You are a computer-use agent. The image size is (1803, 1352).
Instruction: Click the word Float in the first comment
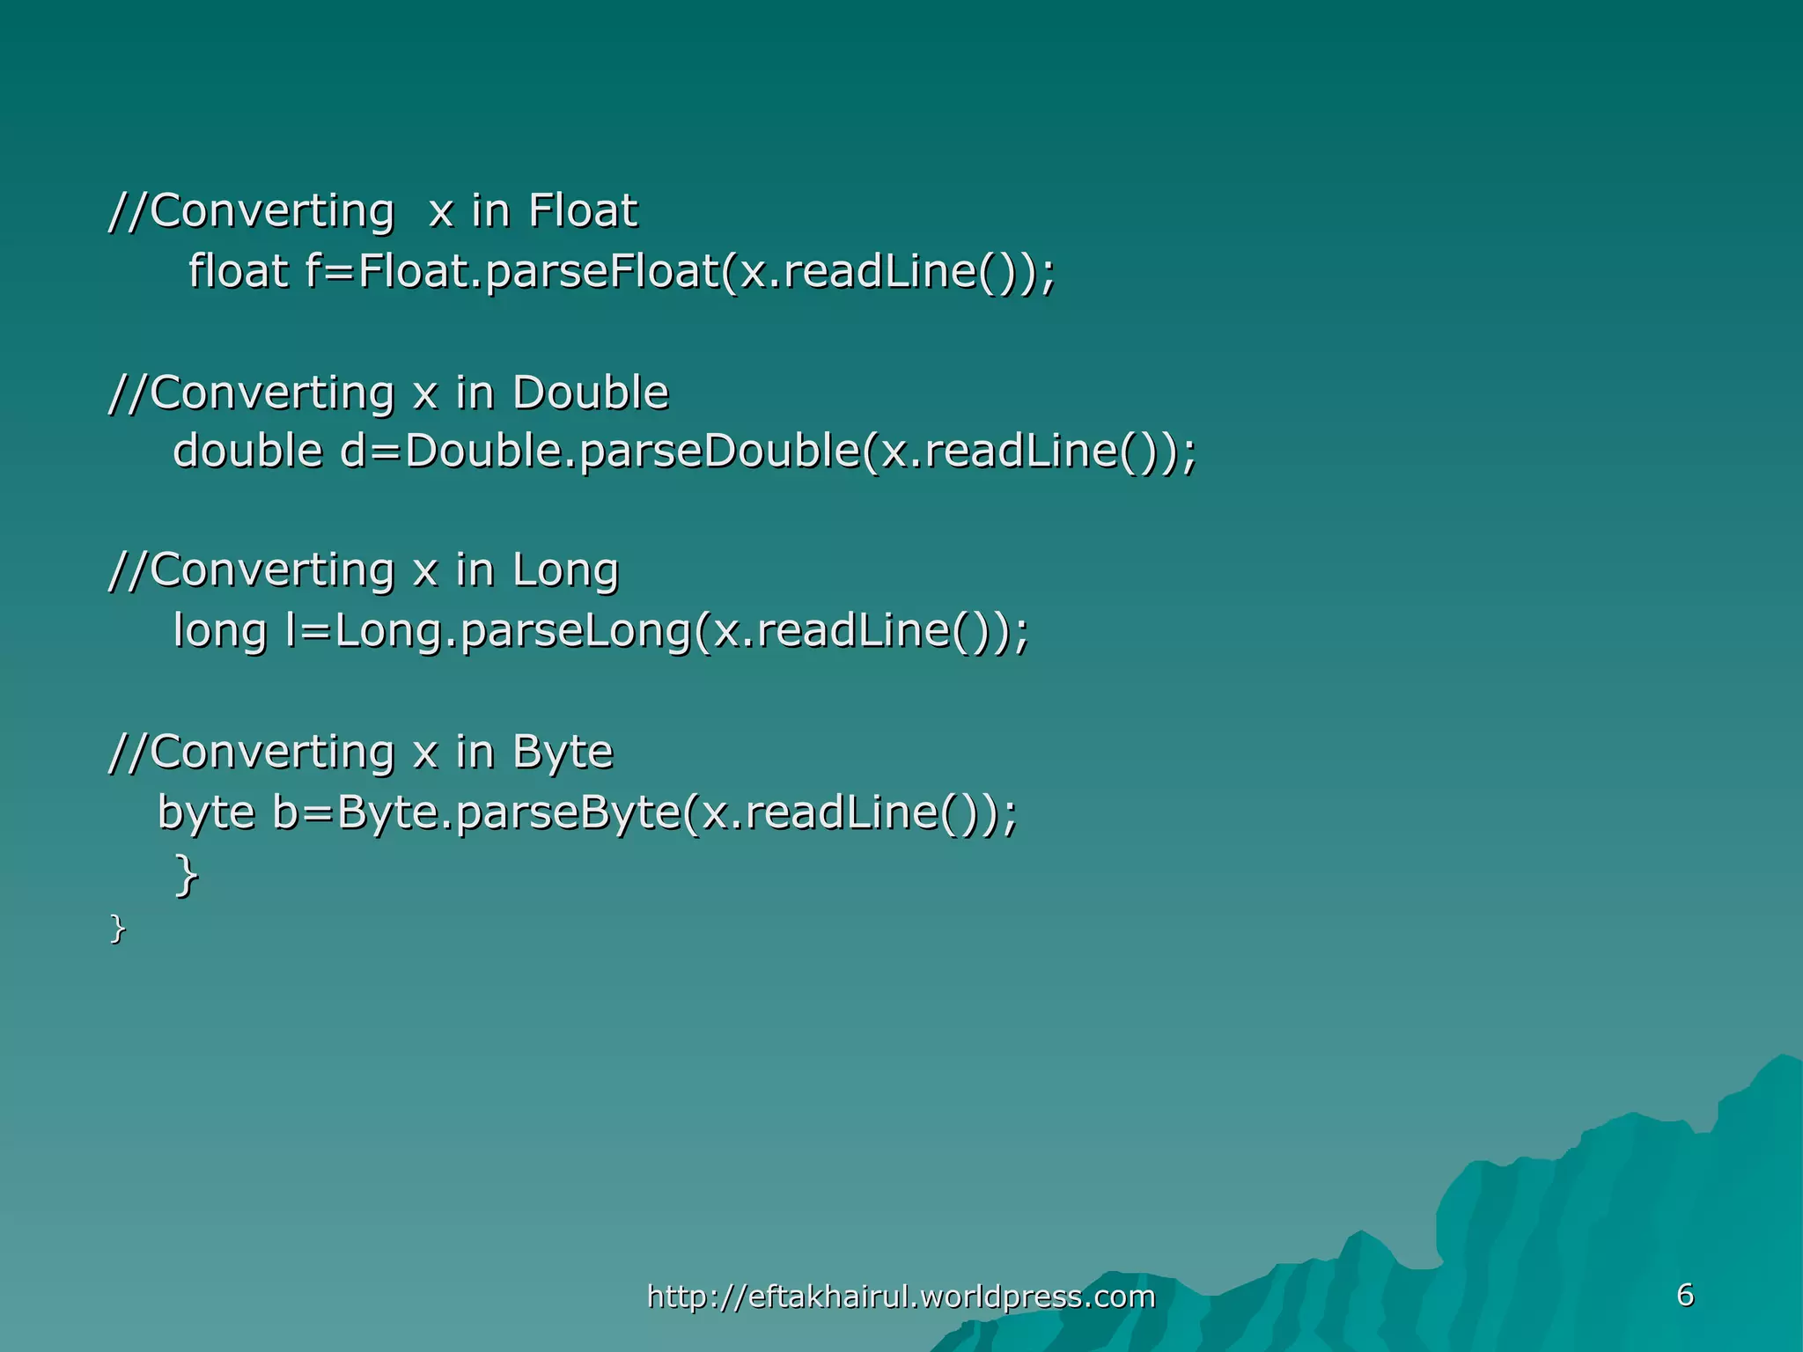tap(583, 210)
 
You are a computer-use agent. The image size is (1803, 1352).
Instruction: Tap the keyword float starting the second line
tap(238, 270)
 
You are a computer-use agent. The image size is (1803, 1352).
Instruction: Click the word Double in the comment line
tap(591, 393)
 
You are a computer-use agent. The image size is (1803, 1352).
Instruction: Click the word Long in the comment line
tap(566, 570)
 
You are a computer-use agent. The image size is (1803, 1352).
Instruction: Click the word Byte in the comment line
tap(563, 753)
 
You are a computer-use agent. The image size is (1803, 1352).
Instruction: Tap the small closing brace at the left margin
tap(117, 929)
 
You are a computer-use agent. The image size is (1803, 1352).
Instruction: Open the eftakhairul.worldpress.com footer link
tap(901, 1297)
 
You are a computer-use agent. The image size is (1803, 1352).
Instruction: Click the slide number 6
tap(1685, 1295)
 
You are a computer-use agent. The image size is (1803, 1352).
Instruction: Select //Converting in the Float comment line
tap(252, 211)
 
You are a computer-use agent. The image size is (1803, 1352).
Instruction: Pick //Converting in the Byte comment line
tap(252, 753)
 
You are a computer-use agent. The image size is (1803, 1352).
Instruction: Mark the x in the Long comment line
tap(425, 570)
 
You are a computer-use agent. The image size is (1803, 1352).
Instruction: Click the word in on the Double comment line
tap(475, 393)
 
